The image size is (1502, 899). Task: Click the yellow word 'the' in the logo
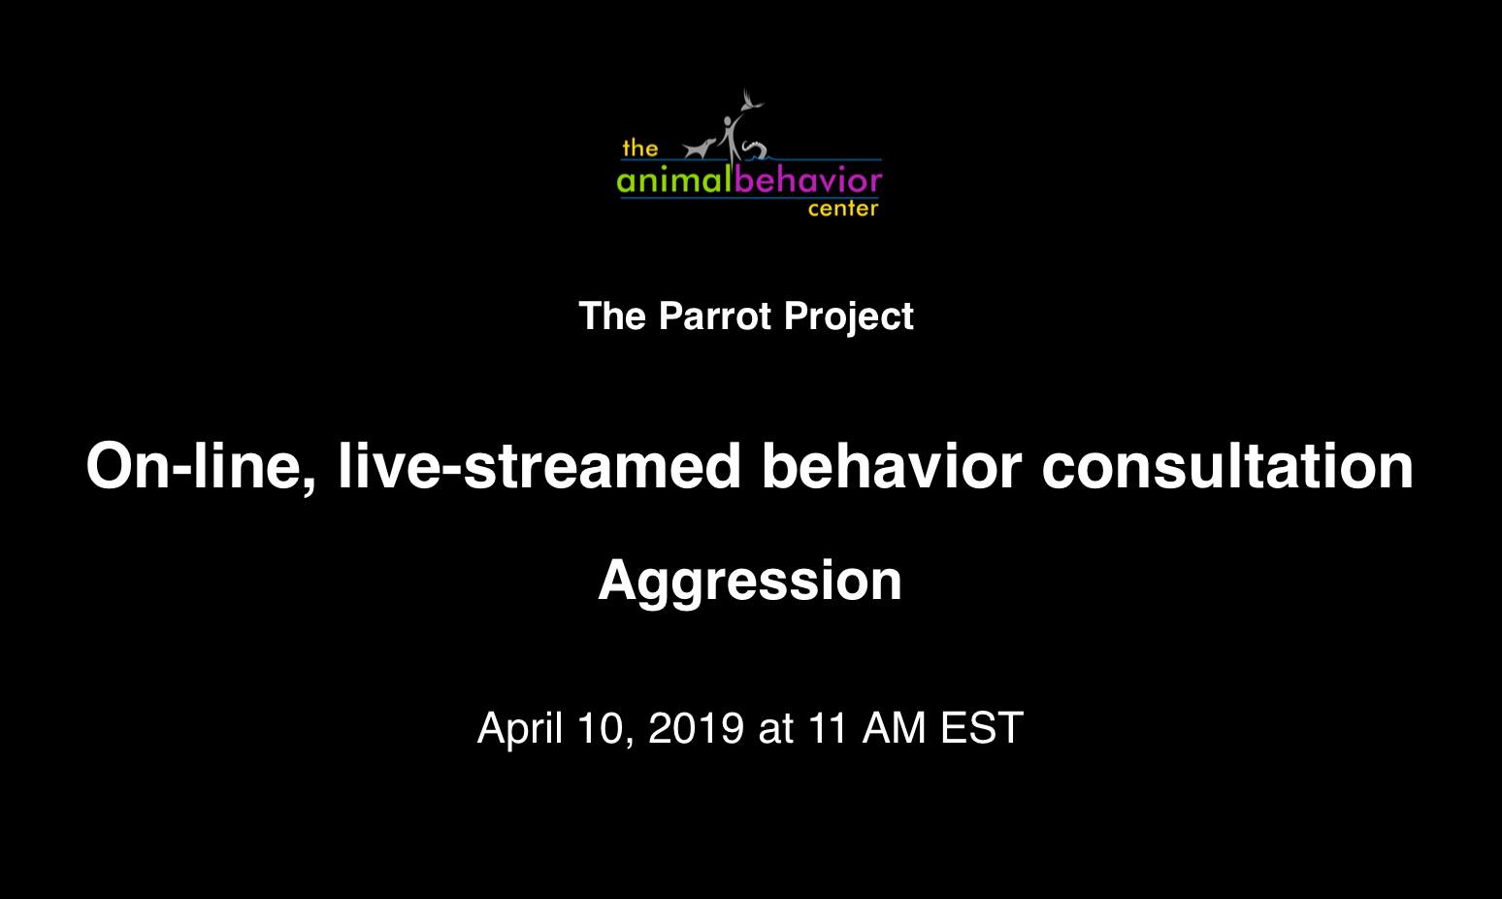pos(639,148)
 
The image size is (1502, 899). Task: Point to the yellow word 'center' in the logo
pos(843,209)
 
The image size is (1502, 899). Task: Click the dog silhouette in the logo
pos(700,149)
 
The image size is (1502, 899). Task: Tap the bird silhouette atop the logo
pos(752,101)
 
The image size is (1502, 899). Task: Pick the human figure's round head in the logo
pos(728,121)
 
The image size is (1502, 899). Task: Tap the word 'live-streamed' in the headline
pos(539,466)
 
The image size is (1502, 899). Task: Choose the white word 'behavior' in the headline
pos(892,466)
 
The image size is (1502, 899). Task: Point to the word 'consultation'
pos(1227,466)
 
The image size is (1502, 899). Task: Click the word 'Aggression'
pos(750,582)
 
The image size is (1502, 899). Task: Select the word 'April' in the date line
pos(520,729)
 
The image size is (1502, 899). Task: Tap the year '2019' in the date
pos(696,728)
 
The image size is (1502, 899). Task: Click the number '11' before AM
pos(828,728)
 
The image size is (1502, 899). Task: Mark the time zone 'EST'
pos(982,728)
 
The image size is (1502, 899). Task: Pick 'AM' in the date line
pos(894,728)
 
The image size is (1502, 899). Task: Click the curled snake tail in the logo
pos(754,149)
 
